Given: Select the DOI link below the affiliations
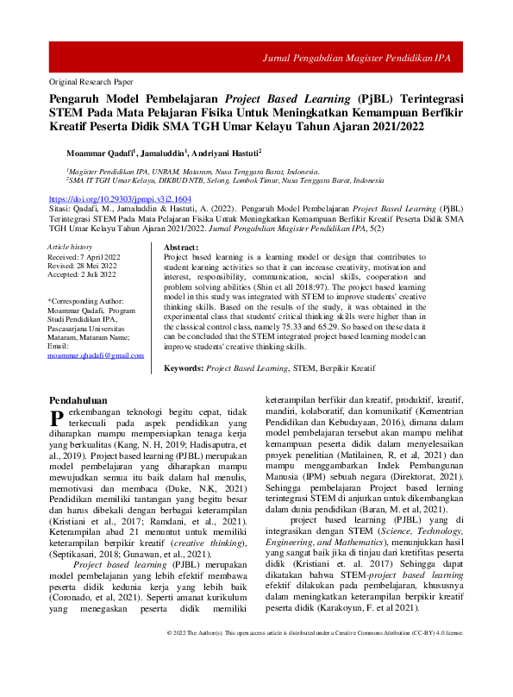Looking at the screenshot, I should [x=116, y=198].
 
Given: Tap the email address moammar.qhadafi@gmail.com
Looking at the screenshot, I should [x=96, y=355].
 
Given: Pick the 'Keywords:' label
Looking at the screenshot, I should [x=184, y=367].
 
